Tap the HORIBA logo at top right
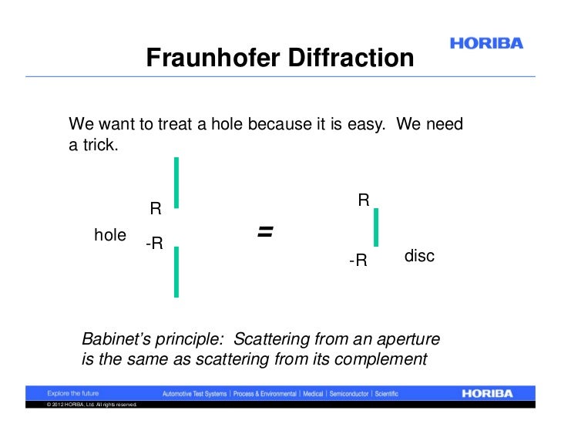(485, 44)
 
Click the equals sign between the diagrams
(266, 230)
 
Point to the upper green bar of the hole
(176, 182)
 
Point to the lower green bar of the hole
(176, 271)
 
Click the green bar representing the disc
(375, 227)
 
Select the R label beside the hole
(155, 209)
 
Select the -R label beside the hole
(153, 244)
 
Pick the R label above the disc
(364, 200)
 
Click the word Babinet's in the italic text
(114, 339)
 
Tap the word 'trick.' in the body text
(95, 144)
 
